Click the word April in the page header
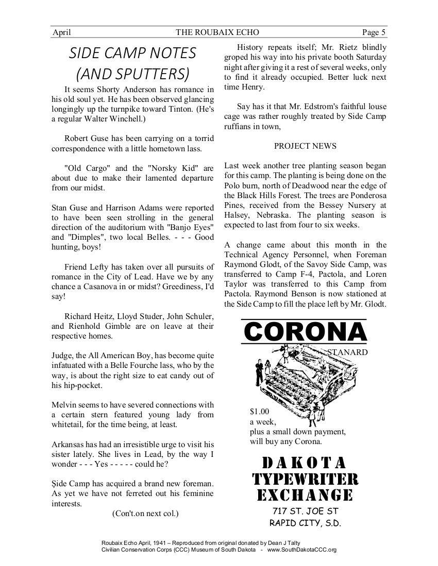62,33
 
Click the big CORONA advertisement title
304,332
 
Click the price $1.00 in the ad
259,412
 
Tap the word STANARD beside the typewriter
347,352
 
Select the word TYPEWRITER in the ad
305,479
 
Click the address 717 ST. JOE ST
305,511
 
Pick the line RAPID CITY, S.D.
305,524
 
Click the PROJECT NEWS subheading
305,146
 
